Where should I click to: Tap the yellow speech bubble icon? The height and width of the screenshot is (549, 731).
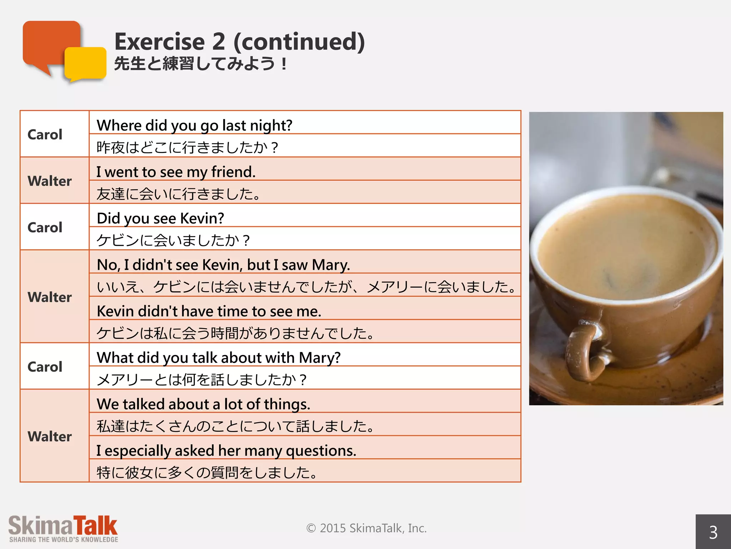point(86,64)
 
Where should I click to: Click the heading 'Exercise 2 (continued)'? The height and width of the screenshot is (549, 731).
point(240,41)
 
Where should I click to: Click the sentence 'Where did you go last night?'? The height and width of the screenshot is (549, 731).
point(195,125)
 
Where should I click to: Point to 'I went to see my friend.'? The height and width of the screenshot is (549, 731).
point(176,172)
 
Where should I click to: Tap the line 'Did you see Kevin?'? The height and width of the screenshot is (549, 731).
point(160,218)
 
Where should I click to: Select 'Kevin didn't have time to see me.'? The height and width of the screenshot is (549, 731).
point(209,311)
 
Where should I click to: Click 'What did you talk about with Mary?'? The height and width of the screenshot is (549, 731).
point(218,358)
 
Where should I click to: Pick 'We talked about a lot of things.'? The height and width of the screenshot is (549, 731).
point(203,404)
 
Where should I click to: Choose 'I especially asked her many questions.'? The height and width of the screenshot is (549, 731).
point(226,451)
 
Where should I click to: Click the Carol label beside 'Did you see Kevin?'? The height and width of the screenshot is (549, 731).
point(45,227)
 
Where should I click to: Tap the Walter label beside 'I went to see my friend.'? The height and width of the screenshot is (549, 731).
point(50,181)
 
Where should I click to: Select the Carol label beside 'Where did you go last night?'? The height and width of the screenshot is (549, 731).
point(45,134)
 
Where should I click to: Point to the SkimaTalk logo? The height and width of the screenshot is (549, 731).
point(63,526)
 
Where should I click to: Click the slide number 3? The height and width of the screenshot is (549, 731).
point(713,533)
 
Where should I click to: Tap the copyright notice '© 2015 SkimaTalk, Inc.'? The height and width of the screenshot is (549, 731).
point(366,528)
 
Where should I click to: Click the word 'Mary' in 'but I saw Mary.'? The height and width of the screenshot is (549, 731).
point(331,265)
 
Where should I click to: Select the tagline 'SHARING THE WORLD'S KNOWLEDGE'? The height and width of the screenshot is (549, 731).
point(64,540)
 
